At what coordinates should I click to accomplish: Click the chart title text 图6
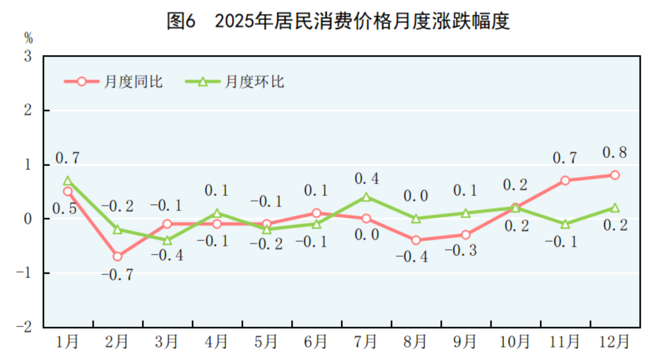[181, 21]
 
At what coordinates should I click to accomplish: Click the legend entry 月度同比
[133, 82]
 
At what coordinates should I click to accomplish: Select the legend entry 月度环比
[254, 82]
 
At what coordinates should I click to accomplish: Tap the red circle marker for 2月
[117, 256]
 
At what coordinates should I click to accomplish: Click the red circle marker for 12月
[615, 175]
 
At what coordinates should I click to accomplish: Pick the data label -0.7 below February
[117, 275]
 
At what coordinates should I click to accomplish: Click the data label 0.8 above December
[615, 153]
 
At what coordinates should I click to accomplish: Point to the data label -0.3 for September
[461, 250]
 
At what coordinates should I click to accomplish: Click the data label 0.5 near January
[64, 209]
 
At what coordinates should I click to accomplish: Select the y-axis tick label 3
[28, 56]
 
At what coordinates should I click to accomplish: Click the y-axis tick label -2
[24, 327]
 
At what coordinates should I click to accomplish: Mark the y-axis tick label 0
[28, 219]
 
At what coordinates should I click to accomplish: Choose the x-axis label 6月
[315, 342]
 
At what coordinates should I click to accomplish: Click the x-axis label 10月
[514, 342]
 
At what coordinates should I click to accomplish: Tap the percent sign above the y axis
[28, 38]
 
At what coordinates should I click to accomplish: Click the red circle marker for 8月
[416, 240]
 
